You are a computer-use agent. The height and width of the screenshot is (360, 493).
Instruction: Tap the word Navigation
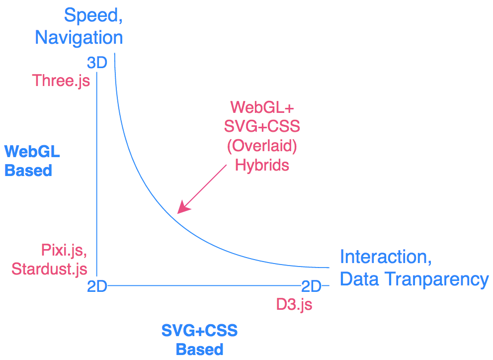79,38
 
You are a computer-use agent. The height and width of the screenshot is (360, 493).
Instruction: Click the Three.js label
61,80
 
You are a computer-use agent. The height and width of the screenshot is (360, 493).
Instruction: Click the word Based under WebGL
28,171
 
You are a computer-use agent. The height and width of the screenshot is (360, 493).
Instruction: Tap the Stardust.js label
49,269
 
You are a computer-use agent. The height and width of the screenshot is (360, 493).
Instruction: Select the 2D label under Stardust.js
97,287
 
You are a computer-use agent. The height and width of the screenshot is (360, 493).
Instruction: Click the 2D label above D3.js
312,286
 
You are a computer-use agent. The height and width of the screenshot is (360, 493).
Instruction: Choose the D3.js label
294,304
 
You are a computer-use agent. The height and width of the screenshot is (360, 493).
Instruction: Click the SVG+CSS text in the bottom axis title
200,330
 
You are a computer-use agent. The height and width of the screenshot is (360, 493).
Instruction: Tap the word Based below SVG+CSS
200,349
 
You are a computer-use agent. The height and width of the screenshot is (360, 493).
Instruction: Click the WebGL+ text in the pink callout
262,107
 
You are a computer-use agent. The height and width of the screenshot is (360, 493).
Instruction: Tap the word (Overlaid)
262,146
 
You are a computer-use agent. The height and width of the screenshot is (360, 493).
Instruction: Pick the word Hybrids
262,165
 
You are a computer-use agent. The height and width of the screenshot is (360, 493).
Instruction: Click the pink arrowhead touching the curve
182,208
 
